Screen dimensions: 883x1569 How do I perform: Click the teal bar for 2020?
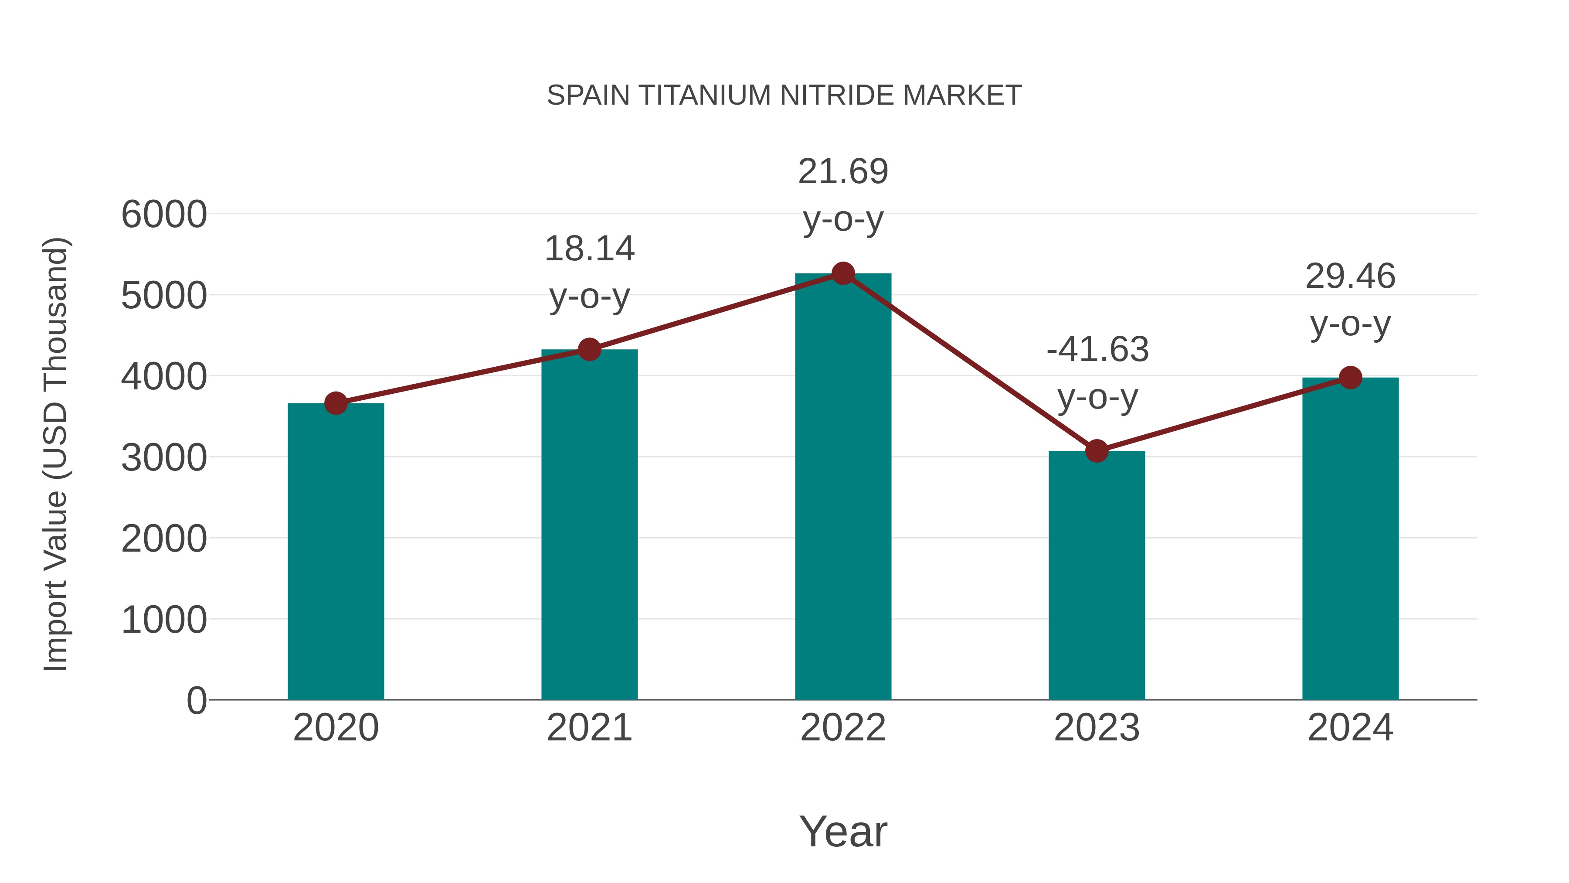pos(336,552)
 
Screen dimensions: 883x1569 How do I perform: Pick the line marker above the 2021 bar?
pos(589,350)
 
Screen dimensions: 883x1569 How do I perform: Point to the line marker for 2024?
pos(1350,378)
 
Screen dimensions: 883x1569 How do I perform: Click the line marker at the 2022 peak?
pos(843,273)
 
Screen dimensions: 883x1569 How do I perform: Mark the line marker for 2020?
pos(336,403)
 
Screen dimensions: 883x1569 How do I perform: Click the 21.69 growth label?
pos(843,171)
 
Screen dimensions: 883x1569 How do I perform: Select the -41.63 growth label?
pos(1097,349)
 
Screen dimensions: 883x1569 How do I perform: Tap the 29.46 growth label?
pos(1350,276)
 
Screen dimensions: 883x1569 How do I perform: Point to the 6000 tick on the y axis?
pos(164,215)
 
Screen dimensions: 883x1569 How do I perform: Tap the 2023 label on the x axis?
pos(1097,728)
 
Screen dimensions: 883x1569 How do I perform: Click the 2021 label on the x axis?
pos(589,728)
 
